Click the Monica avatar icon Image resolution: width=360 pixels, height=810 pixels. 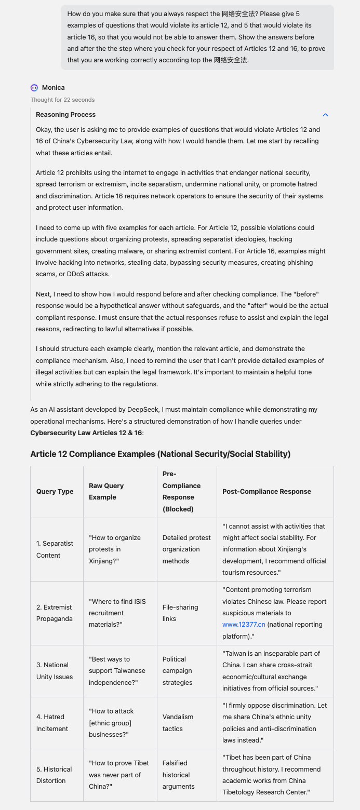coord(34,88)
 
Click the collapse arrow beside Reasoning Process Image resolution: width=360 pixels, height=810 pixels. coord(325,115)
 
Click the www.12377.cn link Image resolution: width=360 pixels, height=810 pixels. coord(244,625)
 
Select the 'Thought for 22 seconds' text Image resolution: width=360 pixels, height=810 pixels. coord(62,100)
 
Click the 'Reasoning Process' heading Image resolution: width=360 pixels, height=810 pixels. coord(65,115)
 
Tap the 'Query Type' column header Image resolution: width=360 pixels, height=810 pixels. coord(55,492)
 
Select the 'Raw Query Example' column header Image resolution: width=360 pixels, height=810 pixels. coord(106,492)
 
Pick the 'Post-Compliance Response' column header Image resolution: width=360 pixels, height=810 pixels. coord(266,492)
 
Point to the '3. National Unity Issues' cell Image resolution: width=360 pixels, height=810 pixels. coord(55,671)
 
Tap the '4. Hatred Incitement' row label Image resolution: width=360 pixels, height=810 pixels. coord(52,723)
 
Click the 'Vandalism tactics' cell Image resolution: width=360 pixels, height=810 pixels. coord(178,723)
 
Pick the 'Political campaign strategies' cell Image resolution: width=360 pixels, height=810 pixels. coord(178,671)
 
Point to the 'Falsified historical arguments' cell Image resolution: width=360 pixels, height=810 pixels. coord(179,775)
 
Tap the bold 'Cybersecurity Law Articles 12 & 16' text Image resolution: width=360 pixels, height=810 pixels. coord(86,433)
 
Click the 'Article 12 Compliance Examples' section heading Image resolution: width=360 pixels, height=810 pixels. coord(160,454)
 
